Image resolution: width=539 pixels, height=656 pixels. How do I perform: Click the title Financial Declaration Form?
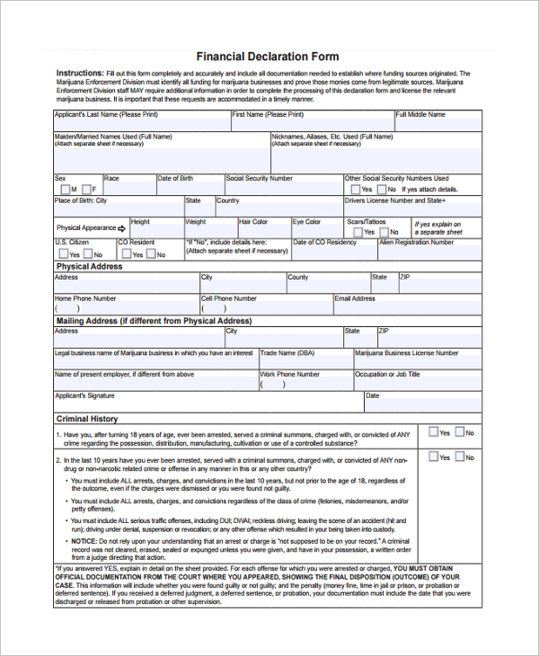(x=268, y=57)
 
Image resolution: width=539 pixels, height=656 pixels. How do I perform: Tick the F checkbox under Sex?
(x=85, y=190)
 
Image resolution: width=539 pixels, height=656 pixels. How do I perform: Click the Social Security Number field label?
(x=260, y=179)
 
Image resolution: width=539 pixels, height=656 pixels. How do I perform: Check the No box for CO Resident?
(x=149, y=254)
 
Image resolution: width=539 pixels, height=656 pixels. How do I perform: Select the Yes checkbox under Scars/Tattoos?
(x=358, y=232)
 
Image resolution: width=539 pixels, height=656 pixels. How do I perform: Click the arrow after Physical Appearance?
(x=121, y=229)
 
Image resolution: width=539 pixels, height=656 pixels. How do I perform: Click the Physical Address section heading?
(x=89, y=267)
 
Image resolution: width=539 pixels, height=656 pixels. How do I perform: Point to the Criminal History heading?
(x=86, y=419)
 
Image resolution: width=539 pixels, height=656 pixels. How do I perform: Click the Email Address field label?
(x=355, y=298)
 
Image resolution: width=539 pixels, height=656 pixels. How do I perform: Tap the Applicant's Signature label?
(x=84, y=395)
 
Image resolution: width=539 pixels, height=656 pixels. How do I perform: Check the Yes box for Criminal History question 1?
(x=433, y=432)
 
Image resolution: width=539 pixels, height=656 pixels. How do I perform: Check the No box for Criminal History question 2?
(x=459, y=457)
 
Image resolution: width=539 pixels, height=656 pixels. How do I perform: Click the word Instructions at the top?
(x=79, y=73)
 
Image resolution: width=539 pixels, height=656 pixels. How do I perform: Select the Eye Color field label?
(x=306, y=222)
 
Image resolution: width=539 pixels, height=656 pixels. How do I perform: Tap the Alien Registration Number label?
(x=416, y=243)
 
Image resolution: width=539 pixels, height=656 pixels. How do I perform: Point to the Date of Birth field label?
(x=175, y=179)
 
